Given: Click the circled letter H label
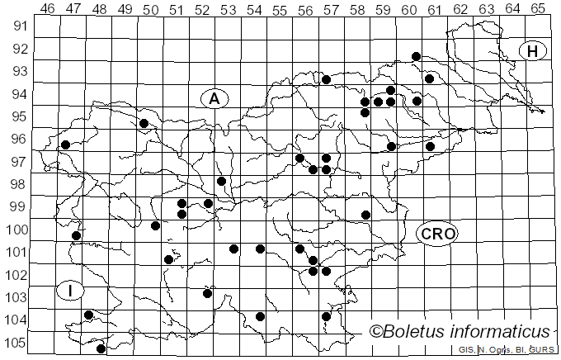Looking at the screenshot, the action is [533, 51].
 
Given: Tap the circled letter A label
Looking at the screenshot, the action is [214, 98].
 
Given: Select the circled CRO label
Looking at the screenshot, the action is [436, 234].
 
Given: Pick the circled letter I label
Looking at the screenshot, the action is [71, 291].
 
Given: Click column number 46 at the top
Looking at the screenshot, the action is [47, 9].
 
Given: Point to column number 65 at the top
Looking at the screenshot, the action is [537, 9].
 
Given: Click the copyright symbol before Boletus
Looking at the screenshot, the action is [377, 332].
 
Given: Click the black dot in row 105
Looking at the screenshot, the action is [101, 348].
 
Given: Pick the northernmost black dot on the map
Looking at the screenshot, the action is [417, 56].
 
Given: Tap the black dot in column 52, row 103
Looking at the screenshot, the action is [208, 293].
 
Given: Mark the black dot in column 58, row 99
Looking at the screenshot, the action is [365, 215].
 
